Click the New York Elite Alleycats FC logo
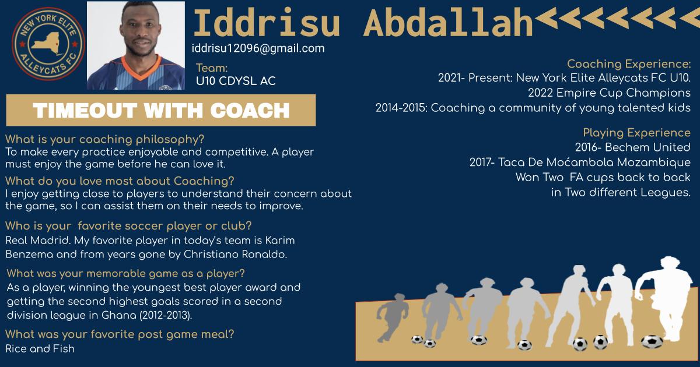pos(48,44)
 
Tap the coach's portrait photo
pos(135,45)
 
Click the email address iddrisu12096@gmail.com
pos(258,48)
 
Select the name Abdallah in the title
pos(449,23)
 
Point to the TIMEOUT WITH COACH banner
pos(161,110)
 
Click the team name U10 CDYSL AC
pos(236,81)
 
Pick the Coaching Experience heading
pos(629,64)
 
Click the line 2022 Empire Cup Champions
pos(609,93)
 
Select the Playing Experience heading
pos(636,133)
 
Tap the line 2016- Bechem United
pos(632,147)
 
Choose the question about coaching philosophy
pos(104,139)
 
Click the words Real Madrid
pos(38,240)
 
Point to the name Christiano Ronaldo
pos(235,255)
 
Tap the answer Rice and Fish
pos(40,348)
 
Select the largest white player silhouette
pos(664,298)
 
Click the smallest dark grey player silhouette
pos(391,317)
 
